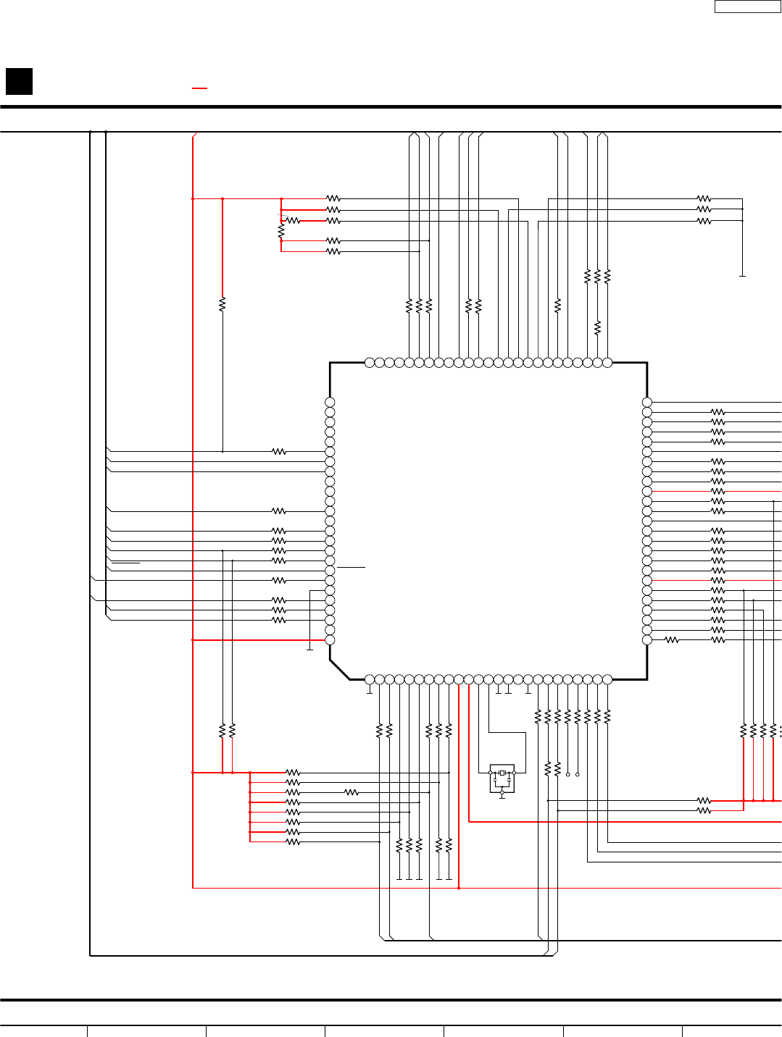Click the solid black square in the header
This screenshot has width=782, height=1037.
point(19,81)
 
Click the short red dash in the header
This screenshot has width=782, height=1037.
point(199,88)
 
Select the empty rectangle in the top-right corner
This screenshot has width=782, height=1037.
point(747,7)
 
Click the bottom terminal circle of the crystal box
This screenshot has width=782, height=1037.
point(502,794)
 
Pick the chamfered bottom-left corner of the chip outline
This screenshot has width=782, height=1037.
point(339,669)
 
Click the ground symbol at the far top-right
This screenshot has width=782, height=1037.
point(742,276)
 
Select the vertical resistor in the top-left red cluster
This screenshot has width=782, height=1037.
point(281,231)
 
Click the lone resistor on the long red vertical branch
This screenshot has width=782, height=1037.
point(222,304)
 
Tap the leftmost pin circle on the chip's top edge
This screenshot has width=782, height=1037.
point(370,363)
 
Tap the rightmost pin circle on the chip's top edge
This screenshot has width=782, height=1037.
point(607,363)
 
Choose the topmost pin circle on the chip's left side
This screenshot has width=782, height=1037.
point(330,402)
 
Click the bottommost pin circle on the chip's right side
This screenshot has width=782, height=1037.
point(647,640)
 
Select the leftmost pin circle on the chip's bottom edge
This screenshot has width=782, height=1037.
point(370,679)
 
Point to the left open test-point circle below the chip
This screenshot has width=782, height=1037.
point(567,774)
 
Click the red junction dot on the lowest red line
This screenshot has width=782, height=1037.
point(459,888)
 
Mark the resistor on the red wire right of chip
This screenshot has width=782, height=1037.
point(717,491)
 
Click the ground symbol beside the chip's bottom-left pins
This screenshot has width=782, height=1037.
point(309,649)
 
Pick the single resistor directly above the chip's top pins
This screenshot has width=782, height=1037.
point(597,328)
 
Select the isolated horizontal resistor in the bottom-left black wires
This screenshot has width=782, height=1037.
point(352,792)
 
